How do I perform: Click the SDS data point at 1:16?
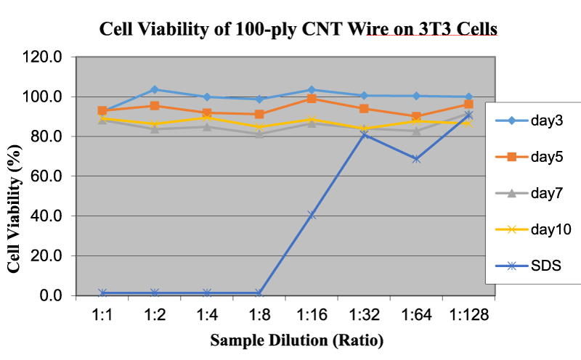pyautogui.click(x=312, y=215)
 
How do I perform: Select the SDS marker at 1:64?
pyautogui.click(x=416, y=159)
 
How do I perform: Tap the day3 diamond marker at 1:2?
pyautogui.click(x=155, y=89)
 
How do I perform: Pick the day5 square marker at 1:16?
pyautogui.click(x=312, y=99)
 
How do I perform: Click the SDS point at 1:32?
pyautogui.click(x=364, y=134)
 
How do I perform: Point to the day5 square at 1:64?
pyautogui.click(x=416, y=116)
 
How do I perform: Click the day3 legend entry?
pyautogui.click(x=529, y=120)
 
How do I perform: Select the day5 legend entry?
pyautogui.click(x=529, y=157)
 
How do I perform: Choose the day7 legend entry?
pyautogui.click(x=529, y=193)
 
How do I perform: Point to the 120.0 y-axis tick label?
pyautogui.click(x=42, y=57)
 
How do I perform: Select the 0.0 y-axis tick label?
pyautogui.click(x=50, y=295)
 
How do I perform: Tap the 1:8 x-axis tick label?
pyautogui.click(x=259, y=315)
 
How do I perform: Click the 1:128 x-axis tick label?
pyautogui.click(x=468, y=315)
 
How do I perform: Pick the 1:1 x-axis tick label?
pyautogui.click(x=102, y=315)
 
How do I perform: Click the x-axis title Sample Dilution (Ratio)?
pyautogui.click(x=297, y=340)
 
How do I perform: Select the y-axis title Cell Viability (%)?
pyautogui.click(x=14, y=209)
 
